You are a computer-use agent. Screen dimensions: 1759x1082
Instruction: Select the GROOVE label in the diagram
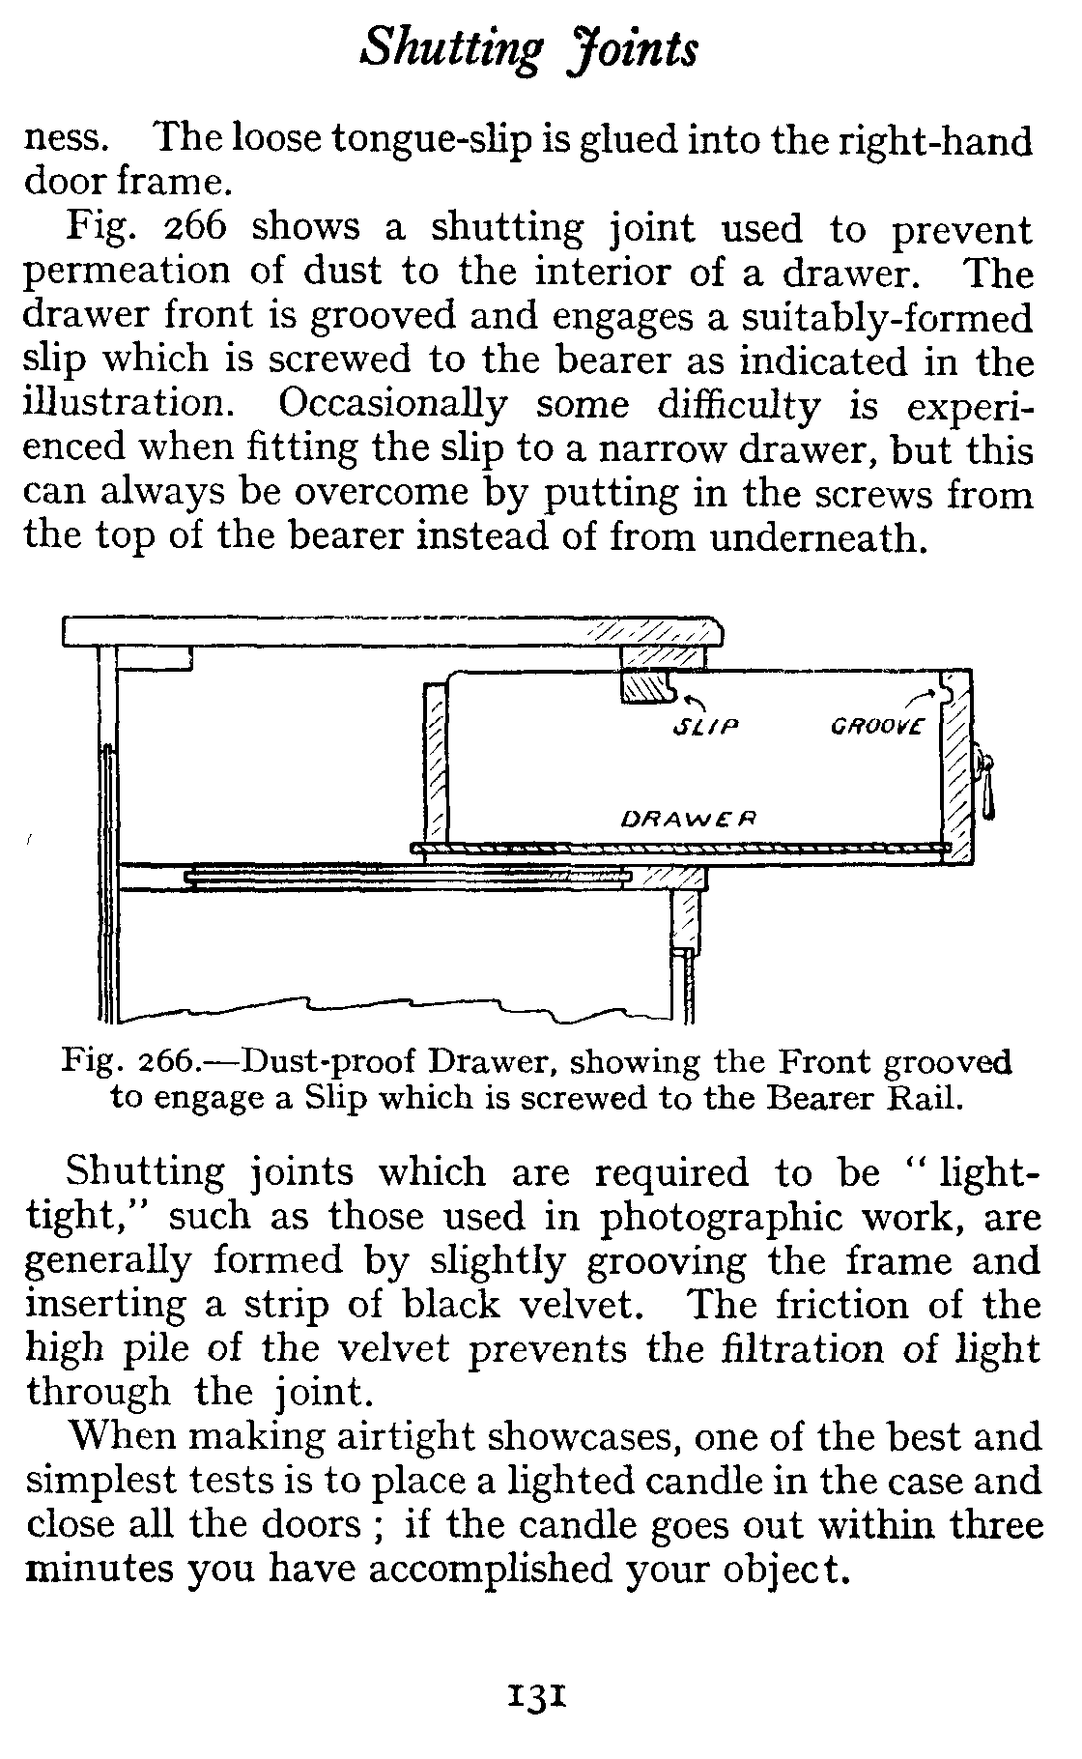876,725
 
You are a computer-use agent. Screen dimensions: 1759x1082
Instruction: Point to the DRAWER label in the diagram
686,818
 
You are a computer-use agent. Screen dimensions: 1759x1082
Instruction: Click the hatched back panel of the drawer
435,764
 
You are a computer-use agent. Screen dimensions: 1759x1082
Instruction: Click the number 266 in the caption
168,1062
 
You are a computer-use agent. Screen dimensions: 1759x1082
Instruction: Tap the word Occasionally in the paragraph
396,405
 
